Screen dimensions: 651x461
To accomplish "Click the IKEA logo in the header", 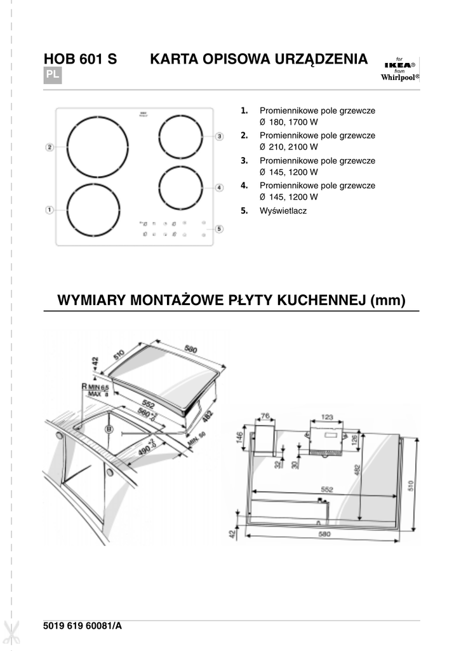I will [399, 65].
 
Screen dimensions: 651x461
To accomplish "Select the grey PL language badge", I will [53, 76].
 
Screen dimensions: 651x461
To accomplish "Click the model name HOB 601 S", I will [80, 59].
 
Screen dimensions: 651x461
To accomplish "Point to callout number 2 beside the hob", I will [49, 147].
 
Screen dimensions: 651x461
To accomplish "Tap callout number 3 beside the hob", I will [219, 136].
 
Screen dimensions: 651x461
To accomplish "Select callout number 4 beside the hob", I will [219, 188].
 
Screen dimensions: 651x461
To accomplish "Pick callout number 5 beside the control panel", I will [219, 229].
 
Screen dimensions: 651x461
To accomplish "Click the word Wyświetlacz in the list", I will [283, 210].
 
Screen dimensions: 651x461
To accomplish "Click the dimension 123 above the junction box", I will [326, 418].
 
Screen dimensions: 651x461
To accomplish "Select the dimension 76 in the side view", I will [265, 417].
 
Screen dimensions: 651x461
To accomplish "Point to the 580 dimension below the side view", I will [324, 535].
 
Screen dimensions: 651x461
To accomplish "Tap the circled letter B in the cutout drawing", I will [109, 430].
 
